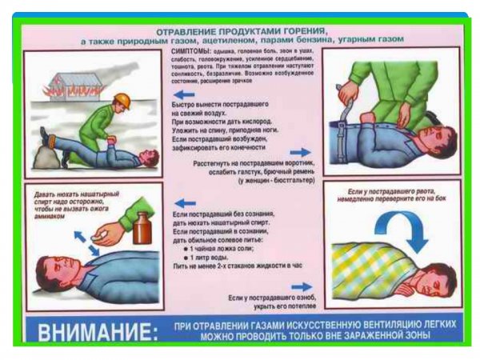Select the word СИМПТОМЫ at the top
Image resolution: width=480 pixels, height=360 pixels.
(190, 50)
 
